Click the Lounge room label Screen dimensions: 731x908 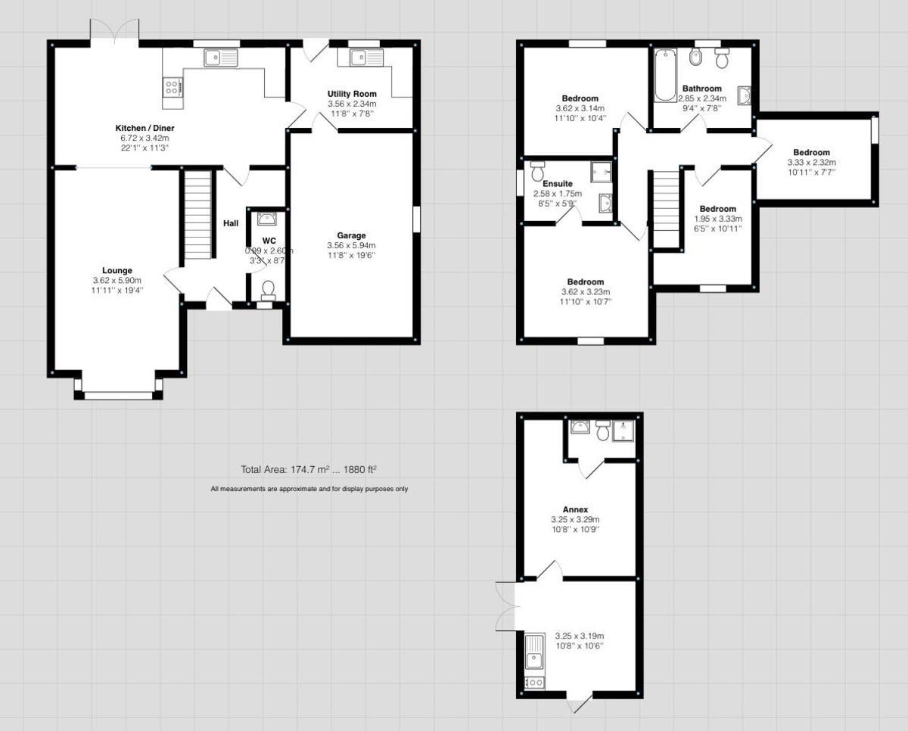[x=117, y=270]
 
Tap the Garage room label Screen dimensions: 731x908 [x=351, y=235]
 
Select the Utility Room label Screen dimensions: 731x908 [x=352, y=94]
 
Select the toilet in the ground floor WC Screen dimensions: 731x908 [x=267, y=288]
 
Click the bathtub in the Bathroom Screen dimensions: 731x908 [x=664, y=75]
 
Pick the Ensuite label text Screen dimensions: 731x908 [x=553, y=183]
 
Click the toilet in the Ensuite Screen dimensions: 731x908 [x=538, y=172]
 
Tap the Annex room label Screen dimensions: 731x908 [x=575, y=509]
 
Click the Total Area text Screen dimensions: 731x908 [x=309, y=470]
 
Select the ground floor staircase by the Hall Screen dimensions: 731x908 [x=197, y=216]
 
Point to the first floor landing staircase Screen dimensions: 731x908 [x=666, y=204]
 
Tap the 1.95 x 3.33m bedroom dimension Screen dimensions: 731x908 [x=717, y=219]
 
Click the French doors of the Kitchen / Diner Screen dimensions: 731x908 [x=114, y=30]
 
